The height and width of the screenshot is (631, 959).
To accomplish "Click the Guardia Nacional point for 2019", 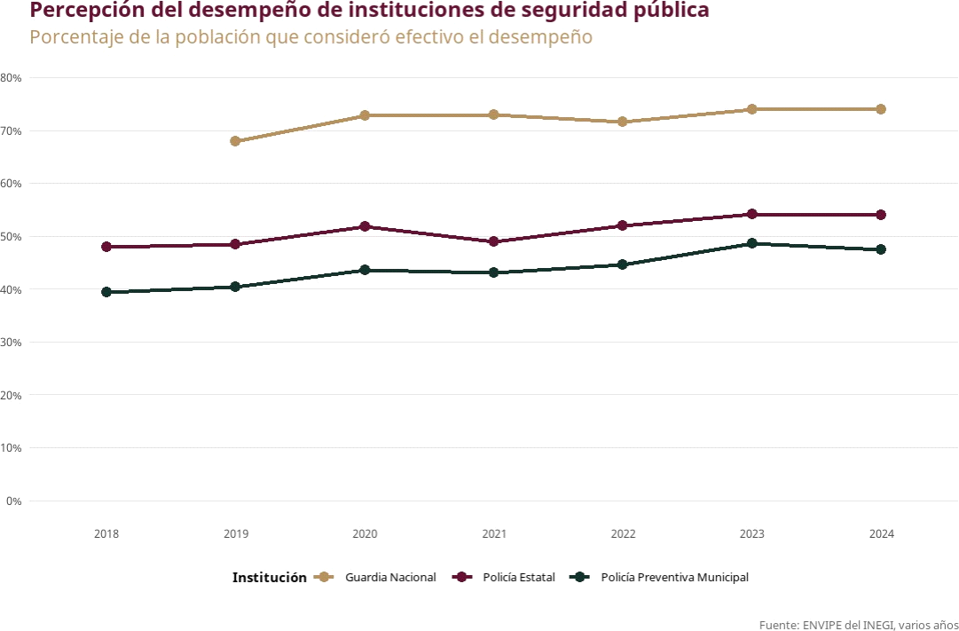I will pos(235,141).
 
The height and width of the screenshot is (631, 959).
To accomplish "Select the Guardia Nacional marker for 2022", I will pos(623,122).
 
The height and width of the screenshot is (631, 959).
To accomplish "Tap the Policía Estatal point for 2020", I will pos(365,226).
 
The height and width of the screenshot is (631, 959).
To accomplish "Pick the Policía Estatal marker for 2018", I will pos(106,247).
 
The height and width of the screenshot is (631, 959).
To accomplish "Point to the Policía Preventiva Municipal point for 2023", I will pos(752,243).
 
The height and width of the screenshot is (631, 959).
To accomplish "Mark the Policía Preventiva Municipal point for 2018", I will pos(106,292).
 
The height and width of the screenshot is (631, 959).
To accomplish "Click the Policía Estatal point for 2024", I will pos(881,215).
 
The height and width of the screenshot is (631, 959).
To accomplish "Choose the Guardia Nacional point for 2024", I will pos(881,109).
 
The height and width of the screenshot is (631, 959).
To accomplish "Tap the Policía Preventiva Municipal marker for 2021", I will pos(494,272).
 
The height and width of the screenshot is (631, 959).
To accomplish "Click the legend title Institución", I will pos(270,578).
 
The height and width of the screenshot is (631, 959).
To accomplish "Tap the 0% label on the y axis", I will pos(14,501).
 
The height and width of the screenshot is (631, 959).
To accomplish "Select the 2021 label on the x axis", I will pos(494,534).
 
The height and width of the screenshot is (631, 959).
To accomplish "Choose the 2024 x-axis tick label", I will pos(881,534).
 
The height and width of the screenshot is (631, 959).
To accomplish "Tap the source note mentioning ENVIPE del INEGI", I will pos(858,625).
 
